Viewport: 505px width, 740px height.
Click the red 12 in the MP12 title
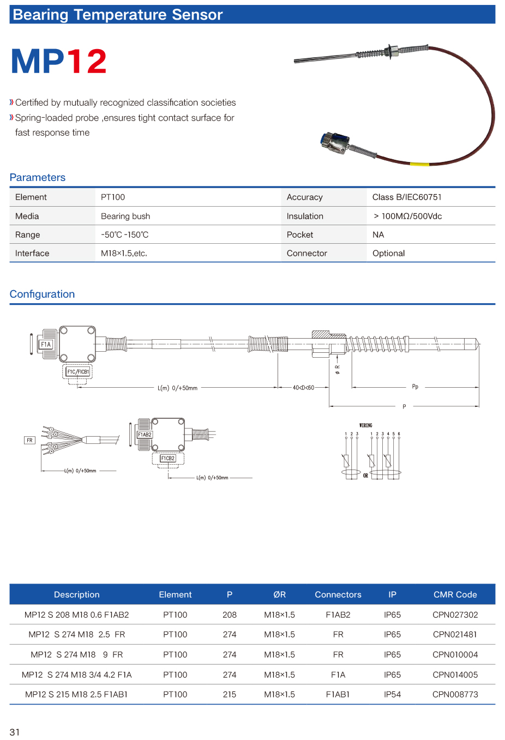click(x=87, y=61)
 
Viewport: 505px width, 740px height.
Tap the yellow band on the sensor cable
click(x=419, y=164)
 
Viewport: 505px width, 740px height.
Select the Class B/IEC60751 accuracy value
click(x=407, y=197)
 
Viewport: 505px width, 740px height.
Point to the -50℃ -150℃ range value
click(x=125, y=235)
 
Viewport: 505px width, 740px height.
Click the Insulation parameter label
click(x=305, y=216)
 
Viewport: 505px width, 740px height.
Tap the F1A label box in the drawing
click(x=46, y=345)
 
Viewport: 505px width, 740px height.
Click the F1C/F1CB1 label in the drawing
click(x=78, y=372)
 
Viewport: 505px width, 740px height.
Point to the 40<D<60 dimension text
click(x=303, y=388)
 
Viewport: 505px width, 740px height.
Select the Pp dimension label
click(x=415, y=387)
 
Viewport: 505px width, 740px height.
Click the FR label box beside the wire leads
click(x=29, y=440)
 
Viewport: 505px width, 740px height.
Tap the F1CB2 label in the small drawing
click(x=167, y=459)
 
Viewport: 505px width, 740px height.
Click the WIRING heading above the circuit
click(x=365, y=425)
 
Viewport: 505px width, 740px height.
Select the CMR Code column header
click(x=455, y=594)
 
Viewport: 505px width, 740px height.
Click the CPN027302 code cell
click(x=455, y=615)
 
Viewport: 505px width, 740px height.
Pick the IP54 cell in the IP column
click(x=392, y=694)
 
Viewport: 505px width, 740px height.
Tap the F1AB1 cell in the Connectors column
click(x=338, y=694)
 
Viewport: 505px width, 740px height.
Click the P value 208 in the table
click(x=230, y=615)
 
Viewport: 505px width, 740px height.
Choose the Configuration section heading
click(x=42, y=294)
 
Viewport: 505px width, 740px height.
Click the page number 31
click(x=15, y=732)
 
